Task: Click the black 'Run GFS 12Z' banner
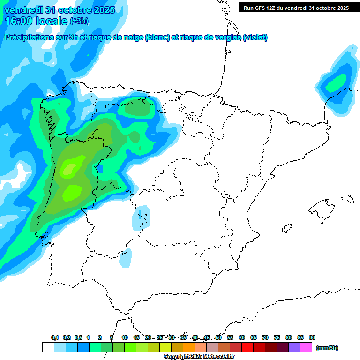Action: click(x=296, y=7)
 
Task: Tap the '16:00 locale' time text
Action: click(x=36, y=21)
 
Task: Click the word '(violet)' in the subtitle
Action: click(x=255, y=37)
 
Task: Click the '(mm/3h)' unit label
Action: click(x=327, y=348)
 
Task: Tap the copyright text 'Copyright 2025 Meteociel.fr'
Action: click(x=199, y=357)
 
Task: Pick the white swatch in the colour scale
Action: click(x=48, y=347)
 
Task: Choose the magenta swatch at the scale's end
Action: click(x=306, y=347)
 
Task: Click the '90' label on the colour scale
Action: click(x=312, y=337)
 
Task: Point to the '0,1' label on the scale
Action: click(x=55, y=337)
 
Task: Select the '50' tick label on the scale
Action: click(x=218, y=337)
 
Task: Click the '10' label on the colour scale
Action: click(x=125, y=337)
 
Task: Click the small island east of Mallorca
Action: click(x=347, y=199)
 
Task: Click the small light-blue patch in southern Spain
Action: click(x=125, y=259)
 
